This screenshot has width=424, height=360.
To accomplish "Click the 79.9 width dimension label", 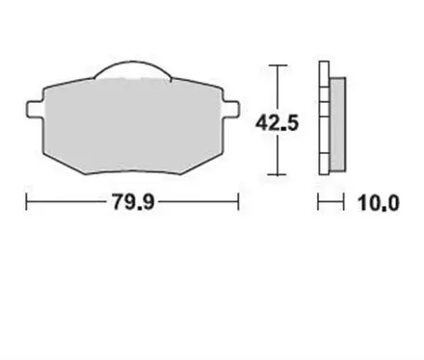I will (x=131, y=203).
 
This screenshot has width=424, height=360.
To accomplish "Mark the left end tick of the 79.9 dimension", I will (x=26, y=203).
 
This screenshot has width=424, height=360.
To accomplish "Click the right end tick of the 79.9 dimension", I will (x=239, y=203).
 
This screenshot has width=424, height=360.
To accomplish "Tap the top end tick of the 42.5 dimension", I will (x=278, y=64).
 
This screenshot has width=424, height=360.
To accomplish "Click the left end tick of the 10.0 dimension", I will (x=319, y=203).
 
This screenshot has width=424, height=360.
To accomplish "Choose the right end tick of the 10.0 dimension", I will (x=343, y=203).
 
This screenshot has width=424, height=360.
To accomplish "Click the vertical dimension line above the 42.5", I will (x=278, y=87).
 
